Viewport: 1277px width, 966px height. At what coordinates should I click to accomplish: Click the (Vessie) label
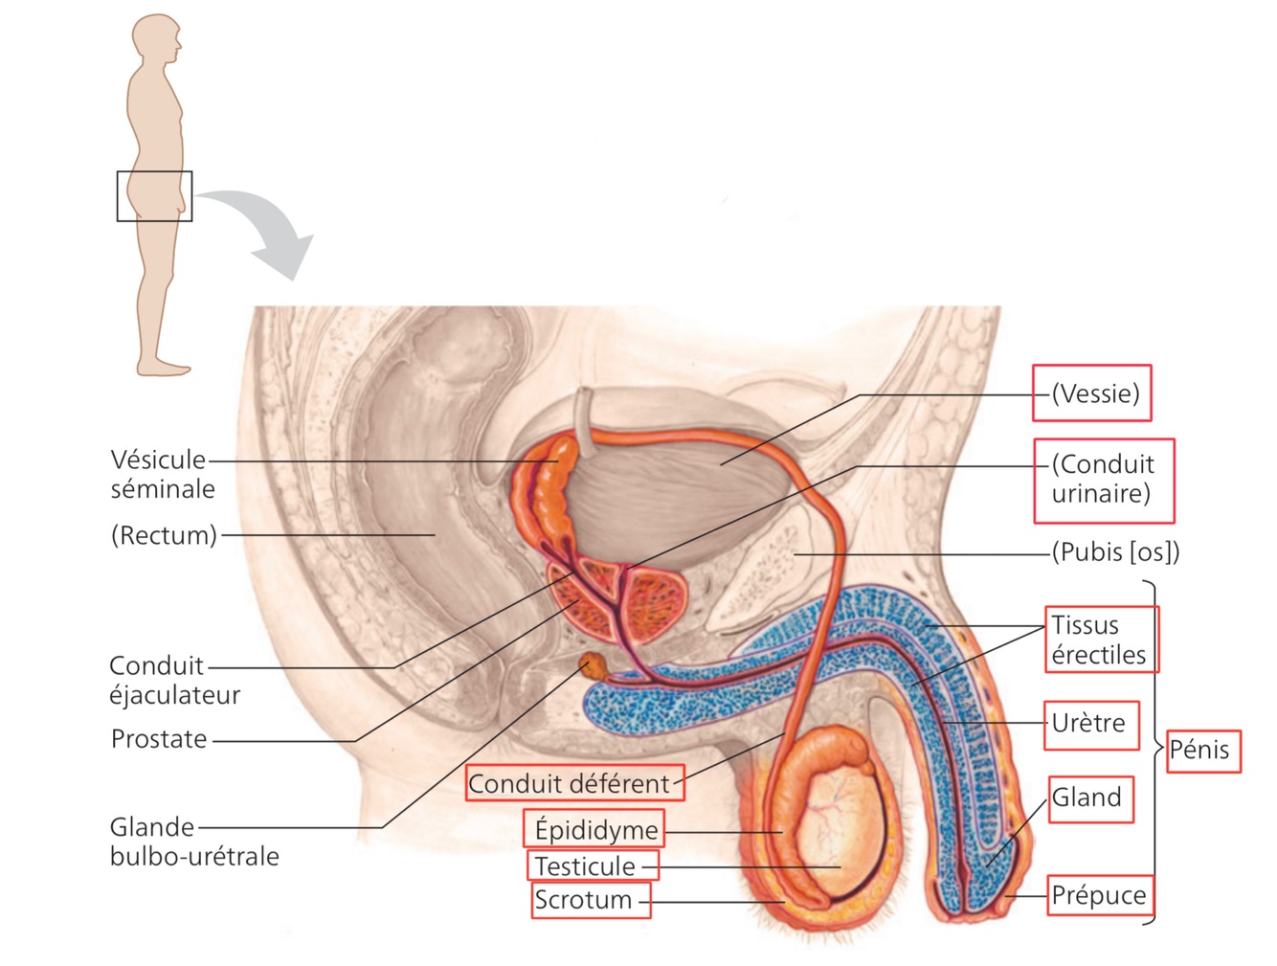tap(1095, 393)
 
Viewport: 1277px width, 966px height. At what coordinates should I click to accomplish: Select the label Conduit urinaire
tap(1103, 479)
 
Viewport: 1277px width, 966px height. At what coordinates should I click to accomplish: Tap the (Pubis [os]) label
tap(1115, 552)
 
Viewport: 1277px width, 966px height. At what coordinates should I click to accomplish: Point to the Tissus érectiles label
tap(1098, 640)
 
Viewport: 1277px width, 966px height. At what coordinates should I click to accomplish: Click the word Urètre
tap(1088, 723)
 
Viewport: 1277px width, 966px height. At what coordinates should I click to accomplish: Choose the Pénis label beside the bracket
tap(1199, 749)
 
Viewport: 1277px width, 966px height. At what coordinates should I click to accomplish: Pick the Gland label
tap(1087, 798)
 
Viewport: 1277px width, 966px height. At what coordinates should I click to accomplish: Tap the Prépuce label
tap(1098, 895)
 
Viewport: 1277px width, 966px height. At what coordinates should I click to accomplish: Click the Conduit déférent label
tap(570, 783)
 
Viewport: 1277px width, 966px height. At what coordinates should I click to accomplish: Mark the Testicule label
tap(585, 866)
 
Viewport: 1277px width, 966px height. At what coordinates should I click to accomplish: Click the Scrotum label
tap(583, 900)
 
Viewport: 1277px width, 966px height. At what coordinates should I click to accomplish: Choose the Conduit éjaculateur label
tap(173, 680)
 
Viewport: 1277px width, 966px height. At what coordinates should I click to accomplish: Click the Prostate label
tap(159, 739)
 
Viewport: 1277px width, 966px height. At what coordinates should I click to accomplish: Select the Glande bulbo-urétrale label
tap(193, 841)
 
